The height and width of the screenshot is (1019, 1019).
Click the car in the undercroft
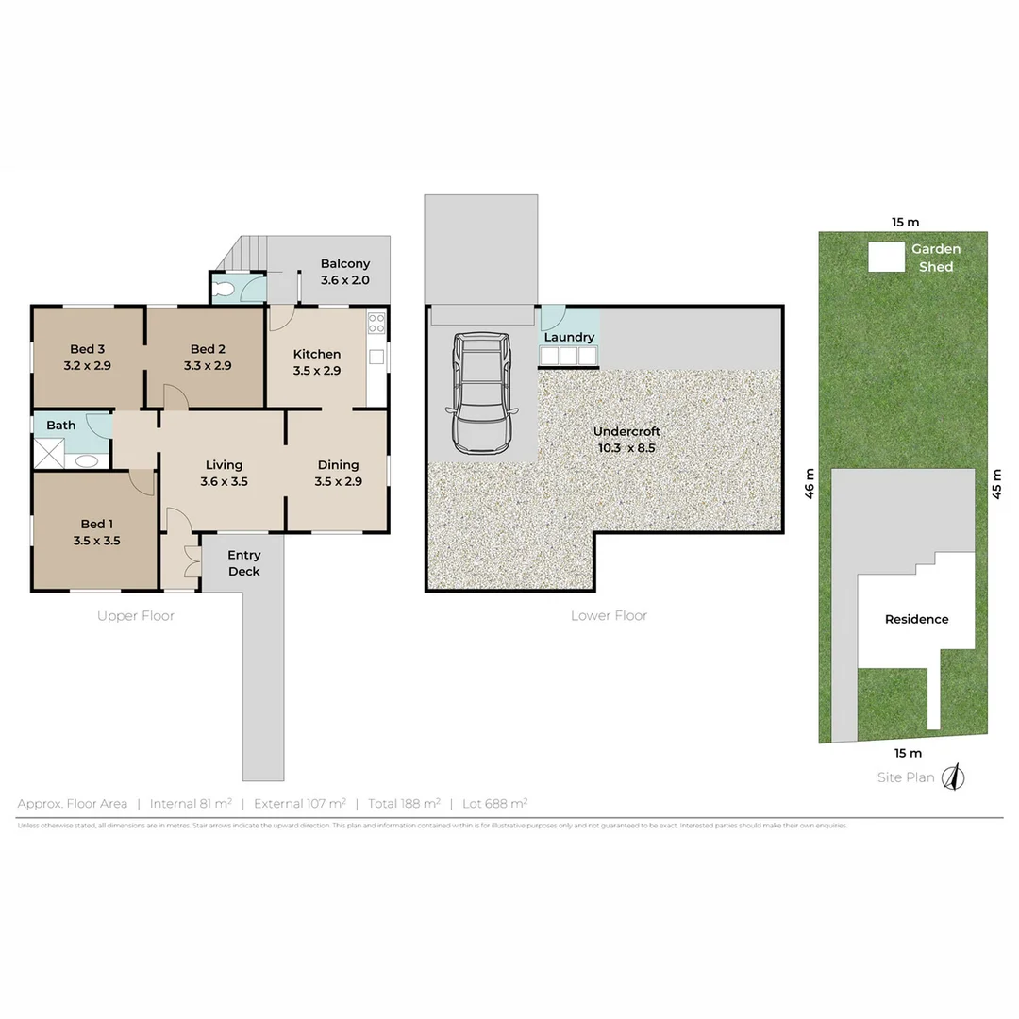[x=482, y=393]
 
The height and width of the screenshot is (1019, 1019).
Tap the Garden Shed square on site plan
[x=884, y=257]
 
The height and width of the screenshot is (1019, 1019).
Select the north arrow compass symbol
[x=955, y=777]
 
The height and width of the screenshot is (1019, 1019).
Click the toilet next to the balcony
[x=224, y=289]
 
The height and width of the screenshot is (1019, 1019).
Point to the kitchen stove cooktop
[x=376, y=324]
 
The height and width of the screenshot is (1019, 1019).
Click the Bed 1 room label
[x=95, y=532]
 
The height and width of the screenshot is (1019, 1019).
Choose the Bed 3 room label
[x=87, y=357]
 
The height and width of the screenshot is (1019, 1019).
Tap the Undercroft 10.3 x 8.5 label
[x=626, y=440]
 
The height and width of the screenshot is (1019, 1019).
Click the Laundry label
[x=569, y=337]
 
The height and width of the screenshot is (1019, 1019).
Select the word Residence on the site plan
[x=916, y=619]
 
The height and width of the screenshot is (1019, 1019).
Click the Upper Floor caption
[x=136, y=615]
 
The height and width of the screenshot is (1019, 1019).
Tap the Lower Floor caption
[x=609, y=615]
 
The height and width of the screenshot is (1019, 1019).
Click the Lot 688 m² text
[x=494, y=803]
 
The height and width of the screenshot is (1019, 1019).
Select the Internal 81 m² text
[x=191, y=803]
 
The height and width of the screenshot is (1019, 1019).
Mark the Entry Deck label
[x=243, y=563]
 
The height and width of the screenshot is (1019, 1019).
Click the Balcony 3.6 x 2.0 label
[x=344, y=272]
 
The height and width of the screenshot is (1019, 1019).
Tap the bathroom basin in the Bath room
[x=87, y=461]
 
